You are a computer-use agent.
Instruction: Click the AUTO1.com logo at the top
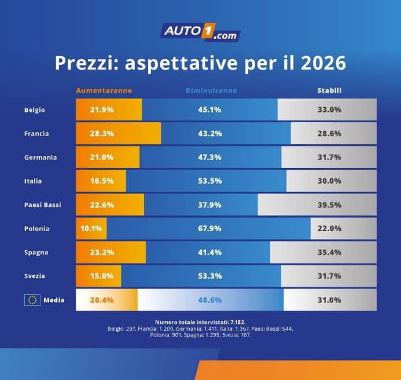[x=200, y=31]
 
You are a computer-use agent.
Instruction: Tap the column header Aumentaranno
[x=104, y=91]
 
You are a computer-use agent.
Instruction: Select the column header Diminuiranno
[x=211, y=91]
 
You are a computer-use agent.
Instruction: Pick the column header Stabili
[x=329, y=91]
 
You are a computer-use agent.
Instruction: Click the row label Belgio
[x=35, y=109]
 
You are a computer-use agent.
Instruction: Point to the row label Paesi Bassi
[x=43, y=204]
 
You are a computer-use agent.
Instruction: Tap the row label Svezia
[x=35, y=276]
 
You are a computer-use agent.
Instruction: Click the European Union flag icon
[x=32, y=300]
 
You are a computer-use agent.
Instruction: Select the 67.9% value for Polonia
[x=209, y=228]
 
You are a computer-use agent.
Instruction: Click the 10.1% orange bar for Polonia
[x=91, y=228]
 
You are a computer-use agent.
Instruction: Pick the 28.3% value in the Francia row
[x=101, y=133]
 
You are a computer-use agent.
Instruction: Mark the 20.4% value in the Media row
[x=101, y=300]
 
